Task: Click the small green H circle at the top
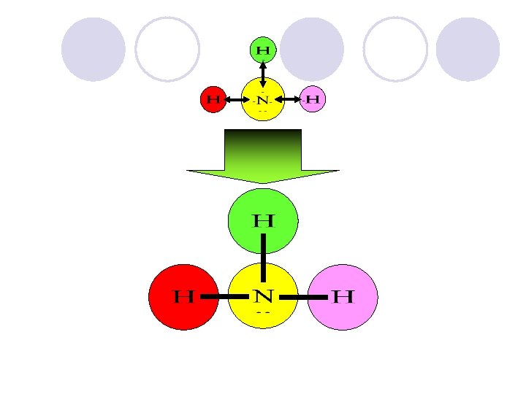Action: [x=263, y=50]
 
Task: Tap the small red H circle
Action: [x=214, y=98]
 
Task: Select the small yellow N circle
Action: [x=263, y=98]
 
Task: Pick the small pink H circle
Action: [x=313, y=98]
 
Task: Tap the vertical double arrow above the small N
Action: [x=263, y=74]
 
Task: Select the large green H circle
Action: [x=263, y=220]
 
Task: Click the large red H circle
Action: [x=183, y=297]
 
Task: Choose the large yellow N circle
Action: [x=263, y=295]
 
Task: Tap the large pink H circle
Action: [x=343, y=297]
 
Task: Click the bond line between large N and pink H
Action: [x=302, y=297]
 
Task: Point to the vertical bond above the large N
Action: [x=263, y=259]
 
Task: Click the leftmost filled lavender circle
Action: [x=94, y=50]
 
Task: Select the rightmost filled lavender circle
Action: [x=468, y=50]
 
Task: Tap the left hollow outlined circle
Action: [x=167, y=50]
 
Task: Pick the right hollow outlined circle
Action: [x=395, y=50]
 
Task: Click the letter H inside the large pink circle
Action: [x=343, y=297]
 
